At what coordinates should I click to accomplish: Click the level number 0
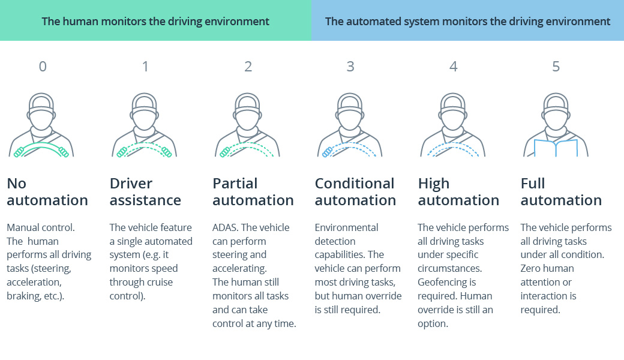pyautogui.click(x=42, y=67)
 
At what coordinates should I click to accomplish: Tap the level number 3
pyautogui.click(x=350, y=67)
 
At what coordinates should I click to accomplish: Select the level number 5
pyautogui.click(x=556, y=67)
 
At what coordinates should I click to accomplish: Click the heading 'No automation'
pyautogui.click(x=47, y=192)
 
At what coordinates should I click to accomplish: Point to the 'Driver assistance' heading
pyautogui.click(x=145, y=192)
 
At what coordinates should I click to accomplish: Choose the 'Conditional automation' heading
pyautogui.click(x=355, y=192)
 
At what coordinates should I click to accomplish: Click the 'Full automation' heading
pyautogui.click(x=561, y=192)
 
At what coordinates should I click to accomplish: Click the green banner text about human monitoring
pyautogui.click(x=155, y=22)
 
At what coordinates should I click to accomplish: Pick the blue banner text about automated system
pyautogui.click(x=467, y=22)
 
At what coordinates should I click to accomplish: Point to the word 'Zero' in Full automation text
pyautogui.click(x=532, y=269)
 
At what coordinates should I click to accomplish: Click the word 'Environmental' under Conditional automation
pyautogui.click(x=346, y=227)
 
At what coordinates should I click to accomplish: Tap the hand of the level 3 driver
pyautogui.click(x=327, y=153)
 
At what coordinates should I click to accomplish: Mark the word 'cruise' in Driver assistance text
pyautogui.click(x=157, y=283)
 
